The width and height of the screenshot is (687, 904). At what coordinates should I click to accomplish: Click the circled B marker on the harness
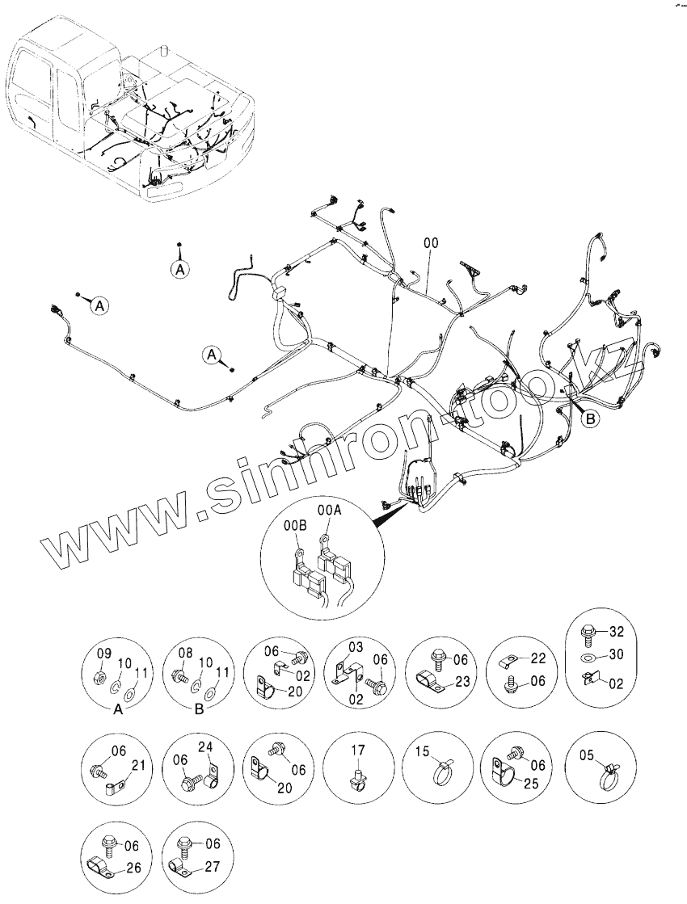tap(591, 418)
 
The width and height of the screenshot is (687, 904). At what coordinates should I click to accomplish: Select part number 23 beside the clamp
tap(461, 680)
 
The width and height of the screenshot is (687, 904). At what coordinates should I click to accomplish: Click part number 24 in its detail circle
tap(206, 746)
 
